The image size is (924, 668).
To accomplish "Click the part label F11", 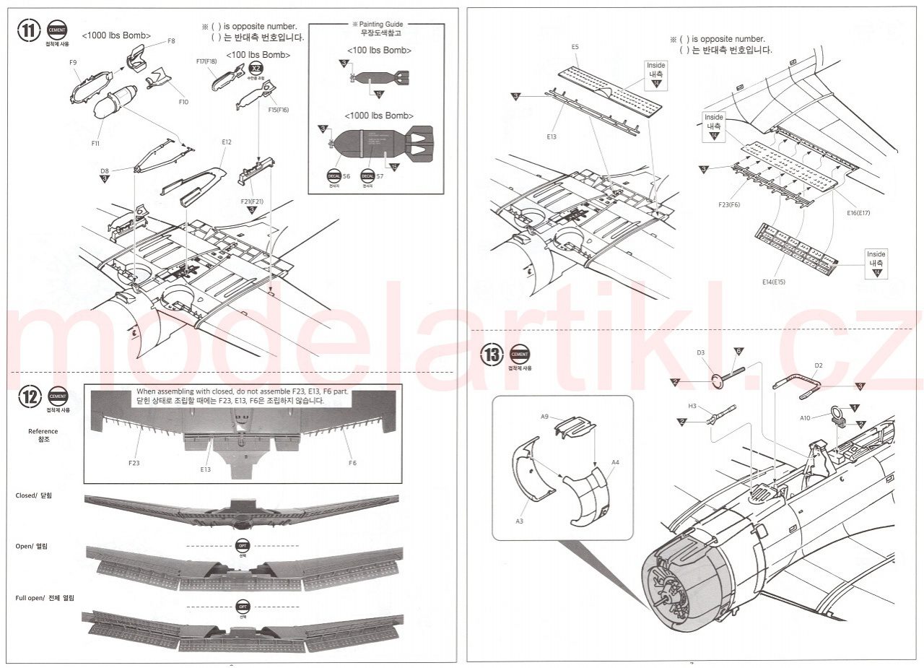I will [95, 143].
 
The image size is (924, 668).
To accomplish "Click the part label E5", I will [575, 47].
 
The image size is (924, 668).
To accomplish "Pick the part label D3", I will [700, 353].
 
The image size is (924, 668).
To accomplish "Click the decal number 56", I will [346, 177].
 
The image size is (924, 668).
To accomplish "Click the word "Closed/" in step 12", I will [26, 496].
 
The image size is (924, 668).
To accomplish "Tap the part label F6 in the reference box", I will [352, 463].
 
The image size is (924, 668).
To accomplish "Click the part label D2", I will [818, 365].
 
